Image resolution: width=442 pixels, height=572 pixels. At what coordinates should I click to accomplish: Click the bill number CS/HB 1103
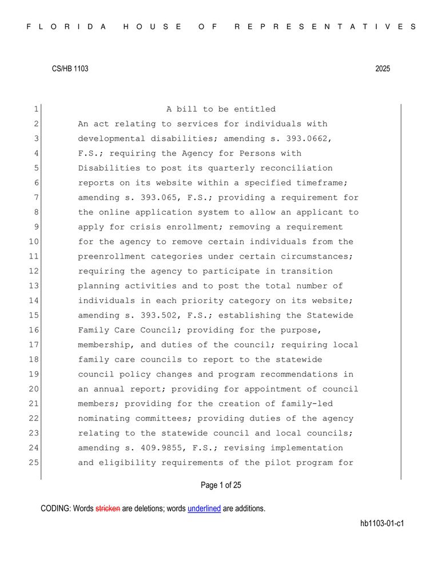(x=70, y=69)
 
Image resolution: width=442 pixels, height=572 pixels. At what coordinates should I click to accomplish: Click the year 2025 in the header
(x=383, y=69)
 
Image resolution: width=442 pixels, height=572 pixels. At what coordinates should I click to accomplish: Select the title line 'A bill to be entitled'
(x=221, y=109)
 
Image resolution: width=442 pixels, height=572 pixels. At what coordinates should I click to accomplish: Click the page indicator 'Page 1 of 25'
(x=221, y=486)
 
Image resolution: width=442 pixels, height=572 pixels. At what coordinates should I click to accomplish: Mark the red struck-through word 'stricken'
(x=107, y=508)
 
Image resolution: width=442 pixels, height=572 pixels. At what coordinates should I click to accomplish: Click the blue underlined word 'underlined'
(x=204, y=508)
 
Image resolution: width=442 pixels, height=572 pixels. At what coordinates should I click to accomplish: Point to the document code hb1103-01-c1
(x=382, y=523)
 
